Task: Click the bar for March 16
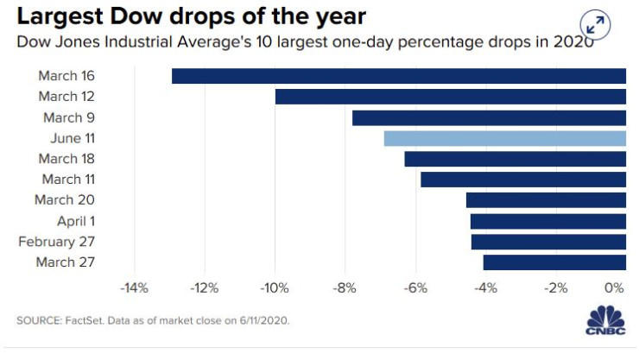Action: point(399,76)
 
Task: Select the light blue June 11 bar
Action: point(505,138)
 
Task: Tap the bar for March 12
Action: point(450,97)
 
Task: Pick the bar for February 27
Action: point(548,242)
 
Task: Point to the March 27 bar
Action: point(554,262)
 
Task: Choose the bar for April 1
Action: point(548,222)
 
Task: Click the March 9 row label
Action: point(69,117)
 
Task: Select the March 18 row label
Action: point(66,158)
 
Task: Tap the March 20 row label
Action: point(65,200)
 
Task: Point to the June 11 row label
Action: point(73,138)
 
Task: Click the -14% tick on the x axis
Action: point(134,288)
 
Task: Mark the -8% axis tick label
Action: point(345,288)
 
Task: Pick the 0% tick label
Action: point(614,288)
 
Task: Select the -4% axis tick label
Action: point(486,288)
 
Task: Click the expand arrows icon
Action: point(596,25)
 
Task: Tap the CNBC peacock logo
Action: point(605,320)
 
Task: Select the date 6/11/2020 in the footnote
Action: point(264,320)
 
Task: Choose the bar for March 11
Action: point(523,180)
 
